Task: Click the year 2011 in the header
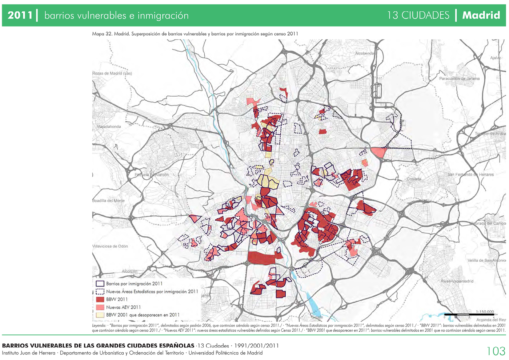pyautogui.click(x=20, y=15)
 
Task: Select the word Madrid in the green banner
pyautogui.click(x=481, y=15)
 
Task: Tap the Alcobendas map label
pyautogui.click(x=364, y=53)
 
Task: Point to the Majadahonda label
pyautogui.click(x=109, y=126)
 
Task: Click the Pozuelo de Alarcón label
pyautogui.click(x=152, y=175)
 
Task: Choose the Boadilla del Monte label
pyautogui.click(x=108, y=201)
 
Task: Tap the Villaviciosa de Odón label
pyautogui.click(x=110, y=246)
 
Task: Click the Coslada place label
pyautogui.click(x=414, y=179)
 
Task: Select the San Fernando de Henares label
pyautogui.click(x=471, y=174)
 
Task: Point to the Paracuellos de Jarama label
pyautogui.click(x=459, y=78)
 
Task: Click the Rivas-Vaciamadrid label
pyautogui.click(x=457, y=281)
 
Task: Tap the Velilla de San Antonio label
pyautogui.click(x=486, y=260)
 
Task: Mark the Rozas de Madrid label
pyautogui.click(x=112, y=73)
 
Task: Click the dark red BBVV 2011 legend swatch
pyautogui.click(x=100, y=299)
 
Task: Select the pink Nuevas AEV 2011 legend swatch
pyautogui.click(x=100, y=307)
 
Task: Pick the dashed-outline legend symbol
pyautogui.click(x=100, y=291)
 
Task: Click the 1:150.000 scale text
pyautogui.click(x=485, y=311)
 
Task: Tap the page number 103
pyautogui.click(x=496, y=351)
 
